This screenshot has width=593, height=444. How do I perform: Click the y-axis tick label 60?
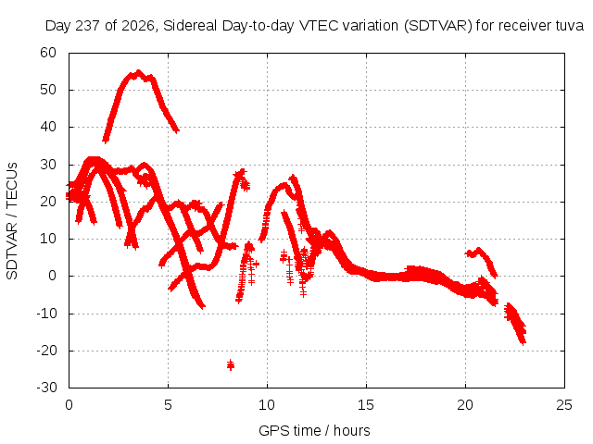[x=48, y=53]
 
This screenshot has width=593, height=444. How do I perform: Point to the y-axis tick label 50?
[x=48, y=90]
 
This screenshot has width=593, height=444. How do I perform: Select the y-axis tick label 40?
[x=48, y=127]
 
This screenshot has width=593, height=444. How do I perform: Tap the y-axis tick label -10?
[x=46, y=314]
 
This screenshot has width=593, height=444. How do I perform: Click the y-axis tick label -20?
[x=46, y=351]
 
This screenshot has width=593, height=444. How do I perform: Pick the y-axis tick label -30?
[x=46, y=388]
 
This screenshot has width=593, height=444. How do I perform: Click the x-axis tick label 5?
[x=168, y=405]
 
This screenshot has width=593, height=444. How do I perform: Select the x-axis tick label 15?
[x=366, y=405]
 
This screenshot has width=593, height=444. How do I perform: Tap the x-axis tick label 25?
[x=564, y=405]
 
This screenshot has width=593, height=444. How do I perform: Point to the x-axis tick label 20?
[x=465, y=405]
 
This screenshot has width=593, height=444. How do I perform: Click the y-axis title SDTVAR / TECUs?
[x=12, y=221]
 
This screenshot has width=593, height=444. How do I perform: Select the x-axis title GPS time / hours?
[x=314, y=430]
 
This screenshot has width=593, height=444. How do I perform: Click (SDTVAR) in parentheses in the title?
[x=438, y=26]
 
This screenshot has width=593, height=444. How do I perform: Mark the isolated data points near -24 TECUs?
[x=231, y=364]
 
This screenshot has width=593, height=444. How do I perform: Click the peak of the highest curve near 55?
[x=138, y=72]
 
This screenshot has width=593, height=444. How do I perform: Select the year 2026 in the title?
[x=138, y=26]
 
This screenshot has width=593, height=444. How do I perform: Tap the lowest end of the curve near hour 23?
[x=523, y=342]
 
